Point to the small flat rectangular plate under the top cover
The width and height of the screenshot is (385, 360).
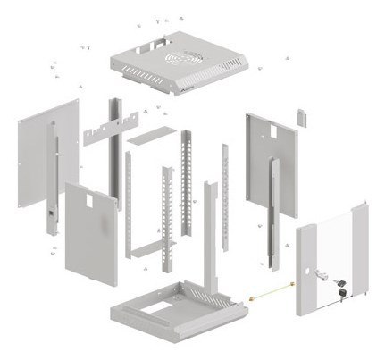pos(147,138)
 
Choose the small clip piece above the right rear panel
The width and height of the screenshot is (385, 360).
pos(302,117)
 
